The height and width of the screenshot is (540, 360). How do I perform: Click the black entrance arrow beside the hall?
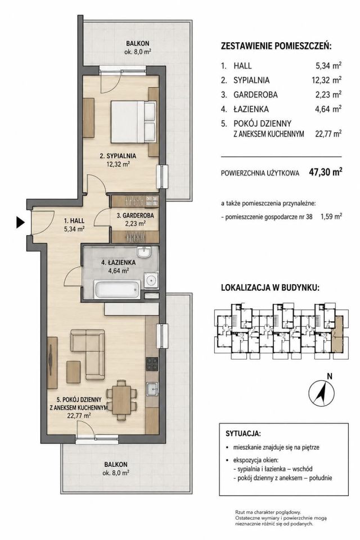[21, 223]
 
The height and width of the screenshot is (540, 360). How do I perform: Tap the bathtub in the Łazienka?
[117, 290]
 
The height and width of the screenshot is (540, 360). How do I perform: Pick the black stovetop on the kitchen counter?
[152, 364]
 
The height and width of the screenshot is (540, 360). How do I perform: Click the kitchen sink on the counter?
[152, 389]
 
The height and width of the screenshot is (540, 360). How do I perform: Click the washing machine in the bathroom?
[151, 280]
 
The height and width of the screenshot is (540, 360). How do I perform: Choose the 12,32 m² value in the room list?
[326, 80]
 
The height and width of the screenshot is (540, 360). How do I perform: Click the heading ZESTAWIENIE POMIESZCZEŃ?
[276, 46]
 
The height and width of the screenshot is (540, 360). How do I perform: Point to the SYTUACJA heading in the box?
[244, 433]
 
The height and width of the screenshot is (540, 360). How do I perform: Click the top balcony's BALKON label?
[137, 43]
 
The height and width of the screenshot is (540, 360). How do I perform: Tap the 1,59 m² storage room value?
[331, 217]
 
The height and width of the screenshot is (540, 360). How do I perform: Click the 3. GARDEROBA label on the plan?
[135, 216]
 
